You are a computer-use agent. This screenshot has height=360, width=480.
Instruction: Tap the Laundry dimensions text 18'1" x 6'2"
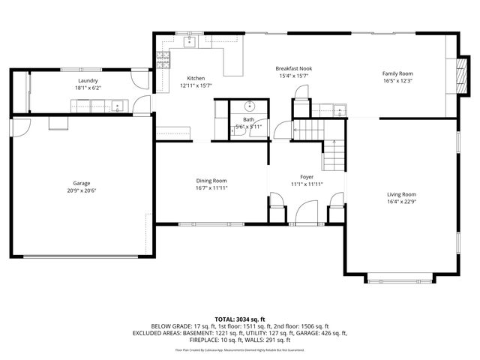(87, 88)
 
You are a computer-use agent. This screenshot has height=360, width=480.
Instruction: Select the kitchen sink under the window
(190, 42)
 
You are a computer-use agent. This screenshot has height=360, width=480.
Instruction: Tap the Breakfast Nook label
(295, 68)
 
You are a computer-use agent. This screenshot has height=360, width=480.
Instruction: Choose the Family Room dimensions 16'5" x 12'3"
(397, 81)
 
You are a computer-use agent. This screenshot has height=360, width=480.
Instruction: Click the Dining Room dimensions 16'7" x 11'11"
(211, 187)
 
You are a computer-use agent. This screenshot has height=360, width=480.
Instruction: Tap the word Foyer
(307, 177)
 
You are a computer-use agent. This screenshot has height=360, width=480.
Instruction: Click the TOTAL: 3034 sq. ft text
(240, 319)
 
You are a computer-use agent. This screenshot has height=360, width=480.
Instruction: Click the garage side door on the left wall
(19, 130)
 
